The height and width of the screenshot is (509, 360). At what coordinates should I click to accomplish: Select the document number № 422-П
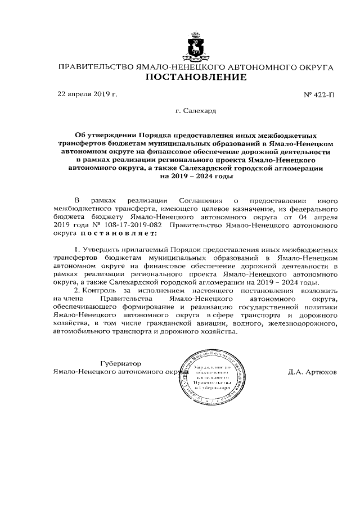(x=318, y=94)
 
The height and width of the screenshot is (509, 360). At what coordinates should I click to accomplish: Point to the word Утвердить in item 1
(x=100, y=249)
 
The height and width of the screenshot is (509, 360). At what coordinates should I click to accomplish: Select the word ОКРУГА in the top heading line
(x=312, y=67)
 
